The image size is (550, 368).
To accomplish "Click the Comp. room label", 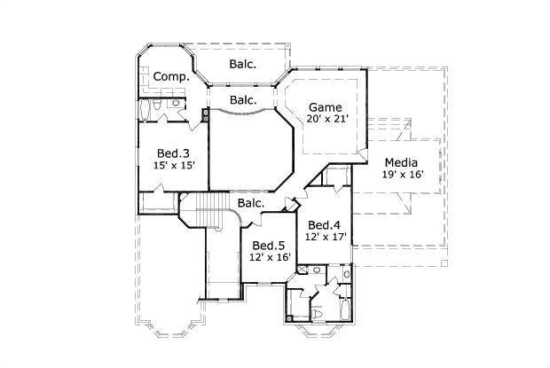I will click(x=171, y=77).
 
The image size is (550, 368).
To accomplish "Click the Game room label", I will click(x=324, y=106).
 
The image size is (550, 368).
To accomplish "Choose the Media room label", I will click(x=403, y=162).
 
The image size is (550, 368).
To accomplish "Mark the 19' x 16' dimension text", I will click(x=403, y=175).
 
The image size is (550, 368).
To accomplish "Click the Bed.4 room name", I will click(x=325, y=224).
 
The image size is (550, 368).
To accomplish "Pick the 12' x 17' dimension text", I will click(x=325, y=237).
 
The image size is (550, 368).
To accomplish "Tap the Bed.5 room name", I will click(x=268, y=246).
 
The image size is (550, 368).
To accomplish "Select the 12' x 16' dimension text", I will click(x=268, y=258).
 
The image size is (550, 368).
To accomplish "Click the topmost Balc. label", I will click(x=243, y=64).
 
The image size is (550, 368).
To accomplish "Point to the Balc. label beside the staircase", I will click(x=250, y=203).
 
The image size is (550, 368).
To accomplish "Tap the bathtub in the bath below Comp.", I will click(x=145, y=110).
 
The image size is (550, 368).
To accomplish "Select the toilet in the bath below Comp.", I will click(x=156, y=105).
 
